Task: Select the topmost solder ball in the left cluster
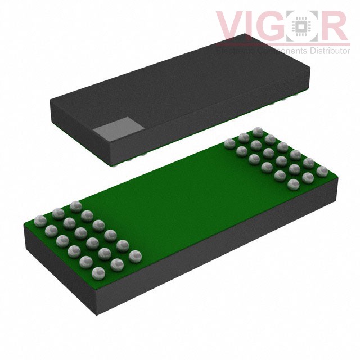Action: point(75,205)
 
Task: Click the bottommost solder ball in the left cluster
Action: point(98,273)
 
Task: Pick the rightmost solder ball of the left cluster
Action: point(135,256)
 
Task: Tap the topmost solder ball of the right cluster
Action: point(258,131)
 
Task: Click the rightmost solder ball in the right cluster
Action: point(322,170)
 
